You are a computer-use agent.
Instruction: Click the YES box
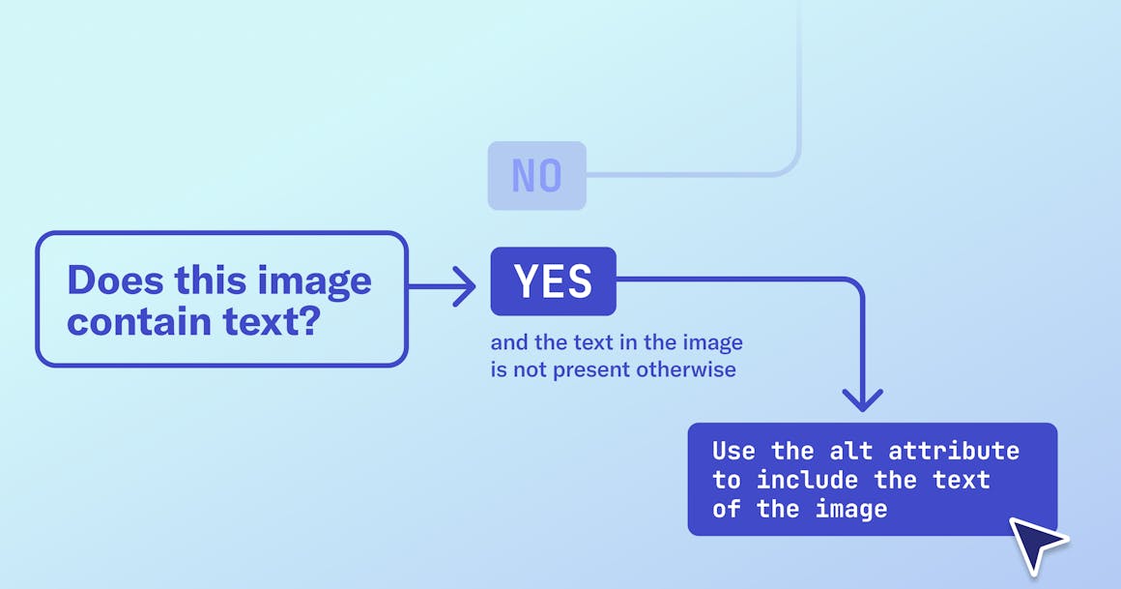(x=553, y=281)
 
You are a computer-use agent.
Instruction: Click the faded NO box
(x=536, y=176)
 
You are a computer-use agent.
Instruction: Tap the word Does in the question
(x=115, y=280)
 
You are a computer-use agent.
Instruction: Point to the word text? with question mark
(x=272, y=321)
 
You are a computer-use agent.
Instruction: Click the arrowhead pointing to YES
(x=466, y=287)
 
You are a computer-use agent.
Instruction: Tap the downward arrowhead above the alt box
(x=862, y=398)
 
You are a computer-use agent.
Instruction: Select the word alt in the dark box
(x=851, y=451)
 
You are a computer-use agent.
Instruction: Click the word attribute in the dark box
(x=954, y=451)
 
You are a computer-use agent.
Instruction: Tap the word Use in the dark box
(x=733, y=451)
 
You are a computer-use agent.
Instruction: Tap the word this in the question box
(x=209, y=280)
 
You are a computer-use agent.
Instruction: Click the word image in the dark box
(x=850, y=509)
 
